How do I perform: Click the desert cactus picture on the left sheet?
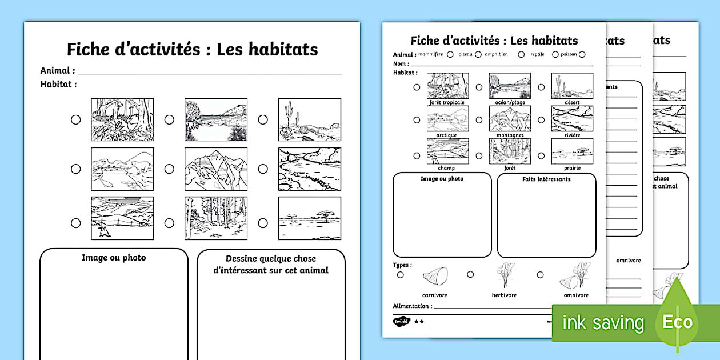(x=309, y=119)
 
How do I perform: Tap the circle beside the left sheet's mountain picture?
(x=169, y=169)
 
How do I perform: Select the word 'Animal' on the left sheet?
(x=56, y=70)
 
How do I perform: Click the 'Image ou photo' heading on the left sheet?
(x=114, y=258)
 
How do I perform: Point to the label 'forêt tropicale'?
(x=447, y=103)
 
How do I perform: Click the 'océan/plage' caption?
(x=510, y=103)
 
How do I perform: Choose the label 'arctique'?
(x=447, y=135)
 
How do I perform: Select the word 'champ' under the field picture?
(x=447, y=168)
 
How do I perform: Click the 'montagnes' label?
(x=510, y=135)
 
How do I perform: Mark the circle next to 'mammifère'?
(x=450, y=55)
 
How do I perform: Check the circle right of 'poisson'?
(x=582, y=55)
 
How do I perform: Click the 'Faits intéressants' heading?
(x=546, y=179)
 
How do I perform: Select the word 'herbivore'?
(x=504, y=295)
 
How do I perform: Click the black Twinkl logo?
(x=402, y=321)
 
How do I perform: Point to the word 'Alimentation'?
(x=411, y=306)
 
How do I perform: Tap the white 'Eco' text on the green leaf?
(x=678, y=321)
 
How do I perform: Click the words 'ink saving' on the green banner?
(x=603, y=323)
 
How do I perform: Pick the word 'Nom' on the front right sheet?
(x=400, y=63)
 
